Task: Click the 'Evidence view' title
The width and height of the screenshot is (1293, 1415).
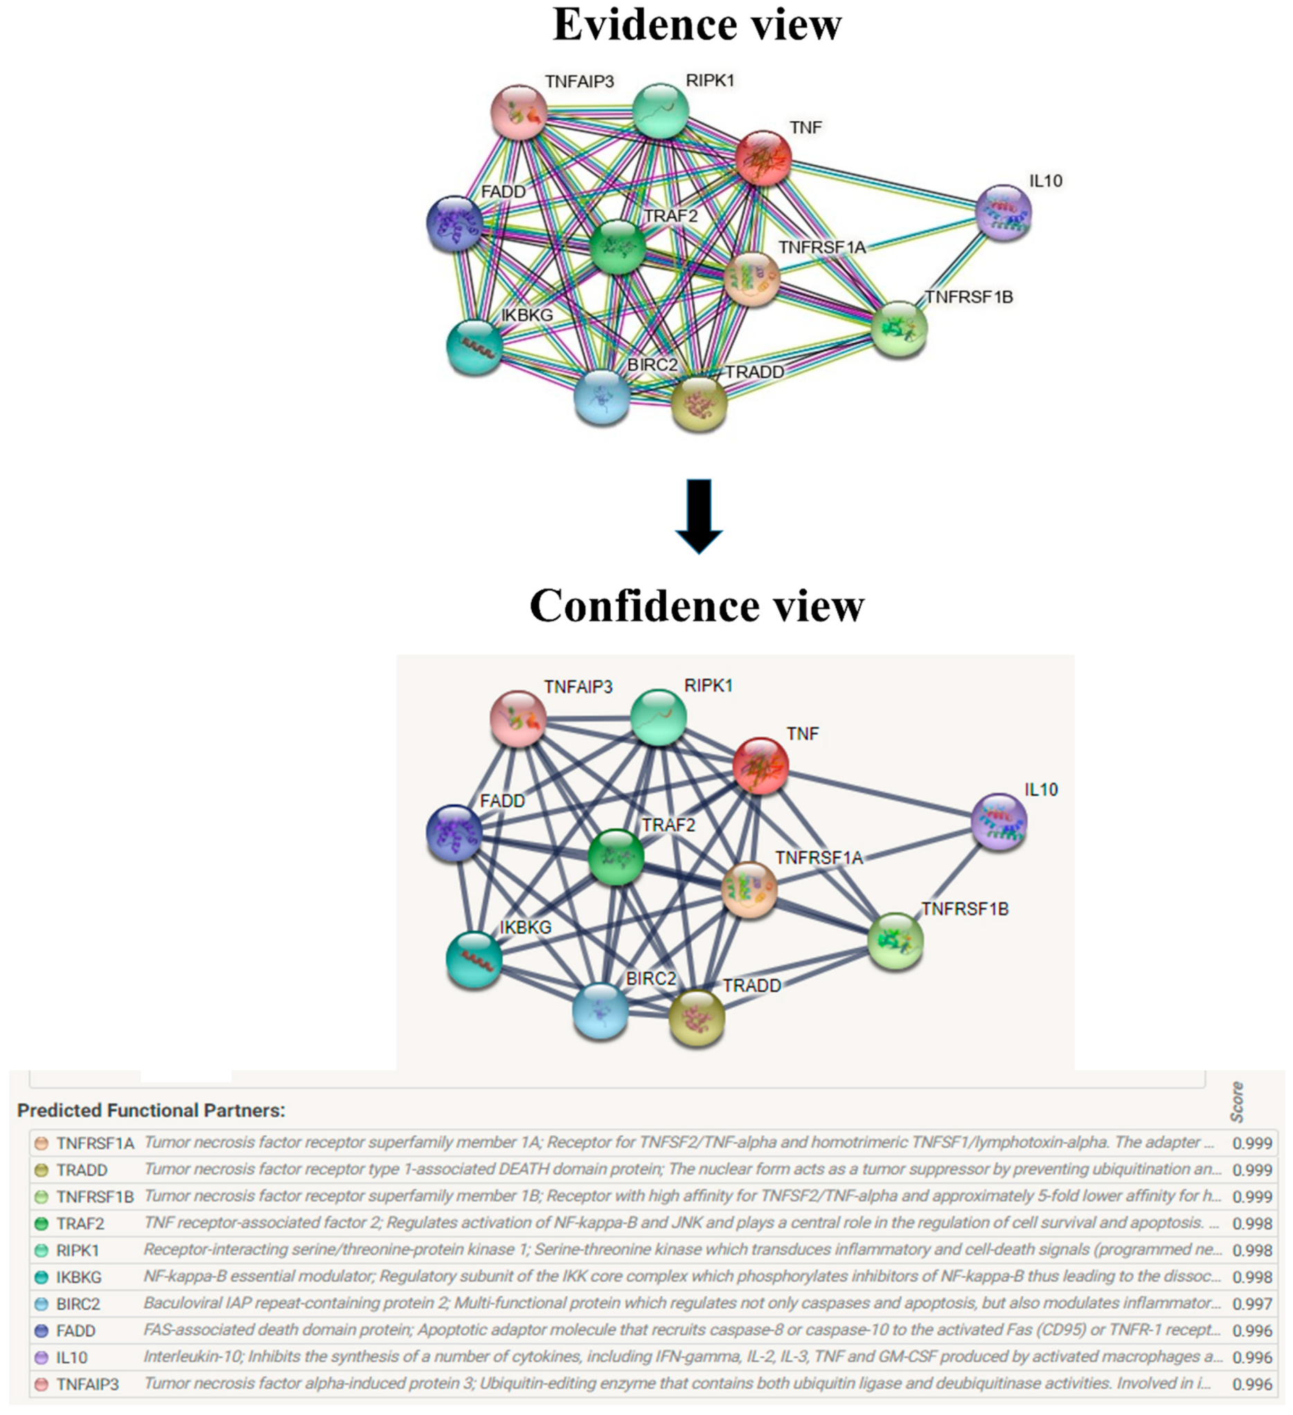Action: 696,25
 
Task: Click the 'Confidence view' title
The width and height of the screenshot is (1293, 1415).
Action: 696,605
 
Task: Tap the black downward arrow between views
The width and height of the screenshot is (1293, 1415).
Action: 699,517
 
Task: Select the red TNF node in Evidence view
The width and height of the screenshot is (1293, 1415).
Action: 764,159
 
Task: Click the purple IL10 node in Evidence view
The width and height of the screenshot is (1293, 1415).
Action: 1004,213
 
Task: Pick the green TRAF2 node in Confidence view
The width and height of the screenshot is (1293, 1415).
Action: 616,856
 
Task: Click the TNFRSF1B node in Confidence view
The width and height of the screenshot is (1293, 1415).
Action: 895,941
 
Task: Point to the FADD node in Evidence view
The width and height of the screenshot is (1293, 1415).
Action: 455,223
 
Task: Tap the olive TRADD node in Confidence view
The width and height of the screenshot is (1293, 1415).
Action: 696,1018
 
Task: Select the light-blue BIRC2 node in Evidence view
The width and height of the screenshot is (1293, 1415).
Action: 602,398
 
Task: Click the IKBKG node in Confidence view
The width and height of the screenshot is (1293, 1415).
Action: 474,959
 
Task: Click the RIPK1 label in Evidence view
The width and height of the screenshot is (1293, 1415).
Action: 710,81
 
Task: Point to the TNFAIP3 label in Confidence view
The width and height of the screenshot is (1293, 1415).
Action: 578,687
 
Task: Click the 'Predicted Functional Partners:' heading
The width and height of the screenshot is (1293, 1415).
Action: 151,1110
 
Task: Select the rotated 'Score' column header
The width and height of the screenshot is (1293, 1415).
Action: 1237,1102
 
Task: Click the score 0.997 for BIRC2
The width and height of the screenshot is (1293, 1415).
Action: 1251,1304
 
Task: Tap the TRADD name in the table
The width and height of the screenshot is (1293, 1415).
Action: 82,1170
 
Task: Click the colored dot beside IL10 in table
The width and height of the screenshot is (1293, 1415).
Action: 42,1358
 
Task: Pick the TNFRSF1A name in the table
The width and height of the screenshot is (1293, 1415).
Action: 95,1143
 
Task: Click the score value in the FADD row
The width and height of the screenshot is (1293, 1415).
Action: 1251,1331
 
